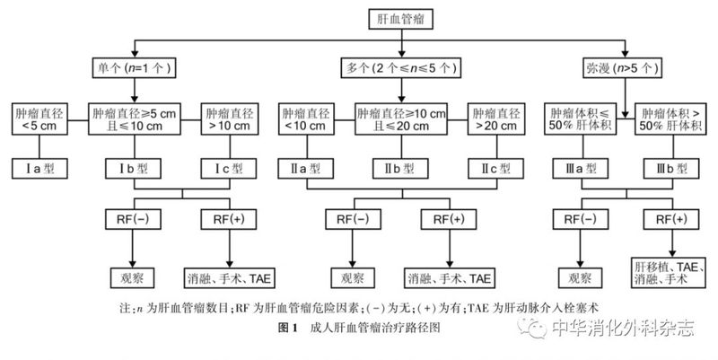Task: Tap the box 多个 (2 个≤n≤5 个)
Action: (401, 67)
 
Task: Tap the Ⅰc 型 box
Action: (230, 168)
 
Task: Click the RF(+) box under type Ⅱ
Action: (449, 219)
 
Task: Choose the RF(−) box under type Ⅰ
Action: (134, 219)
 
